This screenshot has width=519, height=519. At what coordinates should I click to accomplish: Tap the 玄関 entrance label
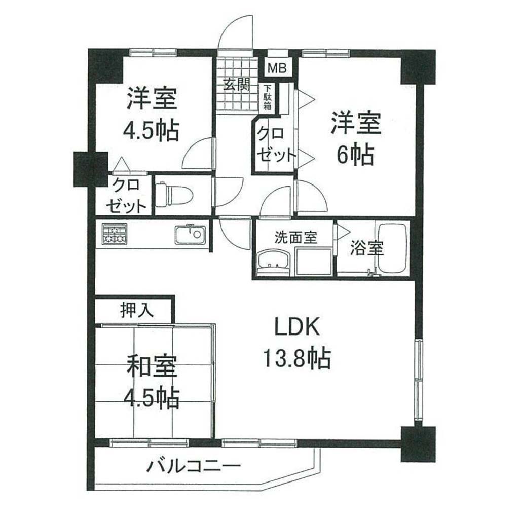236,85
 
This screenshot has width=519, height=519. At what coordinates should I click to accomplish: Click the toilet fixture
174,195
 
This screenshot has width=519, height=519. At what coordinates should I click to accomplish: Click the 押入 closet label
137,310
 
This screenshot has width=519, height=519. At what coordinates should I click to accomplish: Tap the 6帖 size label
355,155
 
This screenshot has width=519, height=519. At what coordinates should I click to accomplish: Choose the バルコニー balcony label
193,466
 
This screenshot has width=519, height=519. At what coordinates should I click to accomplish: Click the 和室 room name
152,366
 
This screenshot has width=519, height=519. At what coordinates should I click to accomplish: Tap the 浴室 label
367,248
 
